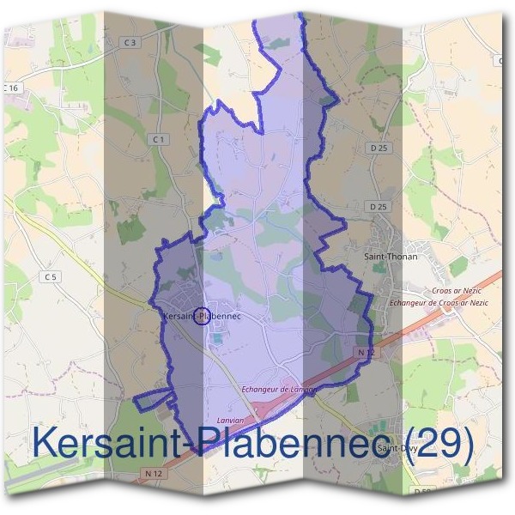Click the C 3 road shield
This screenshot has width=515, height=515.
coord(130,41)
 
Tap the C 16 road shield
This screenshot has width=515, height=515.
coord(10,88)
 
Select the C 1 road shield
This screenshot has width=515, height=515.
coord(157,139)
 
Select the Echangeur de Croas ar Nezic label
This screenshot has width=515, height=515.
coord(439,303)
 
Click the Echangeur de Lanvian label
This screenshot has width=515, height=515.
coord(279,389)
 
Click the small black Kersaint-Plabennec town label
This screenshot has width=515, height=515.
coord(200,316)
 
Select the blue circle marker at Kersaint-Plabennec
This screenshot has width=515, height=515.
coord(202,316)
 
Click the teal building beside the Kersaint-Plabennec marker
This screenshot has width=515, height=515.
coord(215,336)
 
